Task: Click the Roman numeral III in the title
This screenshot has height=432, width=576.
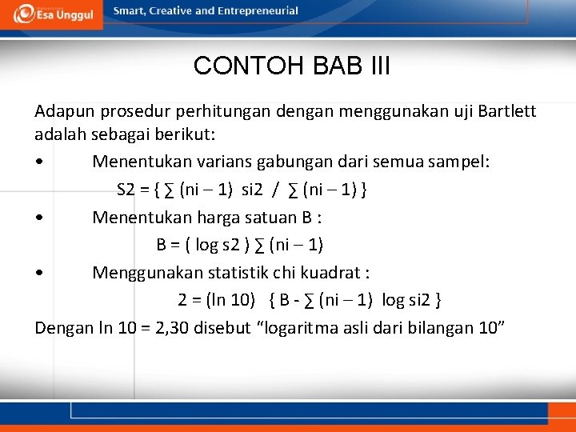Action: (x=374, y=66)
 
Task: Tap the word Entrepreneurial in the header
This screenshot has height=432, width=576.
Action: (x=258, y=11)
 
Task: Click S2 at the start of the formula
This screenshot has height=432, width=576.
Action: (x=126, y=190)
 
